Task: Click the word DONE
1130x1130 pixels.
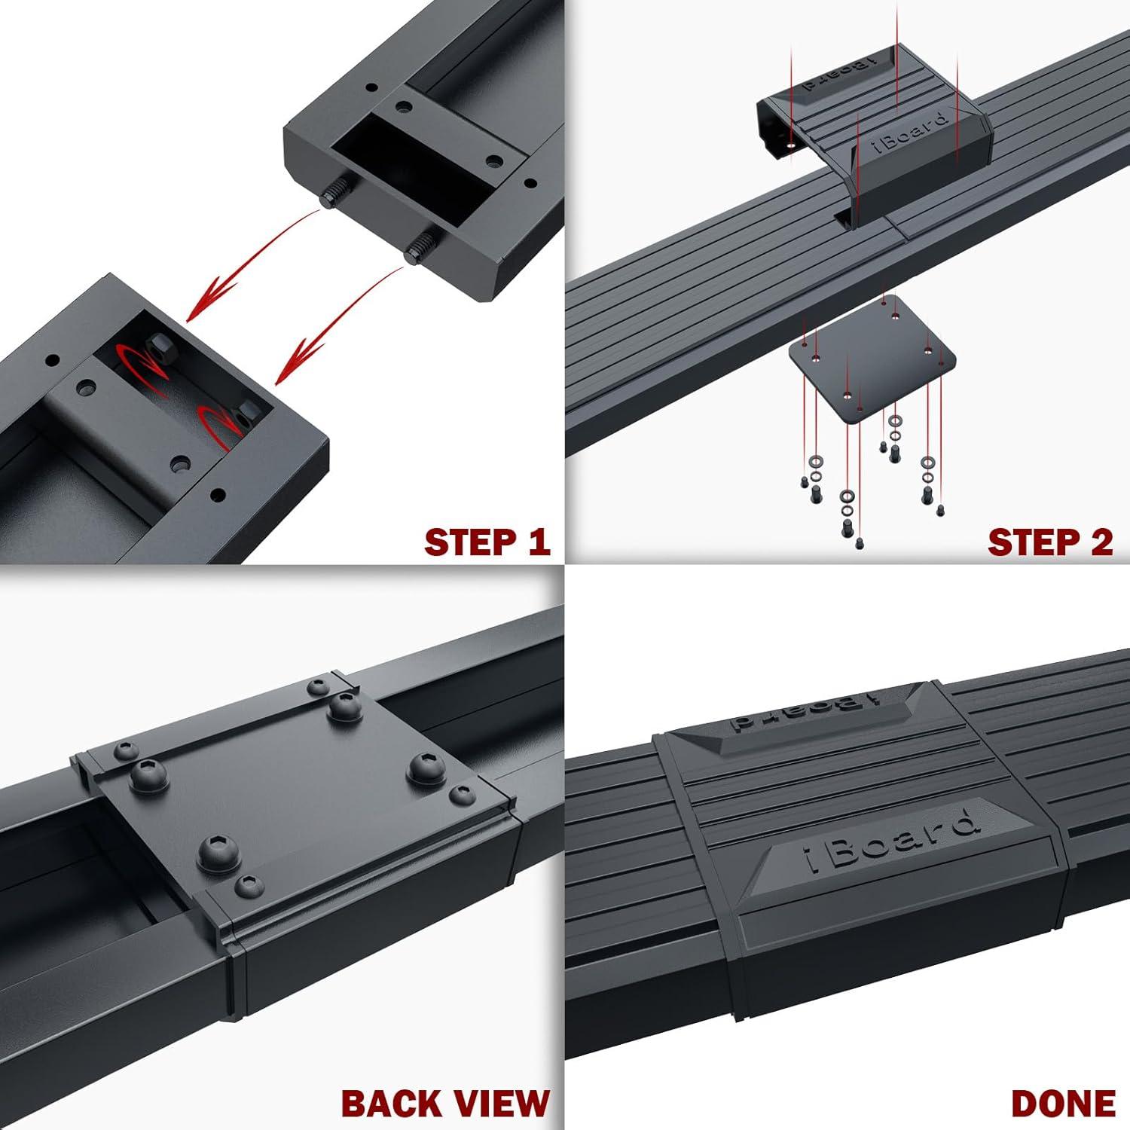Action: pyautogui.click(x=1062, y=1104)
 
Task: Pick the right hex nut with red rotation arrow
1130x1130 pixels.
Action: pyautogui.click(x=246, y=413)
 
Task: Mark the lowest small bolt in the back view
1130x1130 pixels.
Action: pyautogui.click(x=249, y=886)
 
